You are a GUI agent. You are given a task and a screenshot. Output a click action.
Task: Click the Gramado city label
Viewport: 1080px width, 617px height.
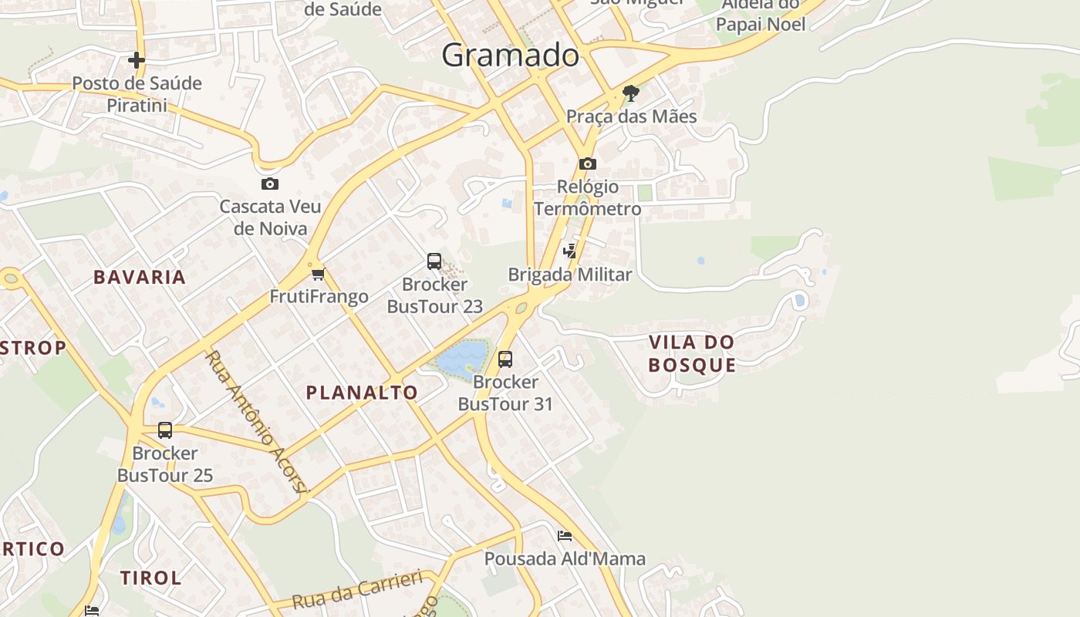click(x=510, y=56)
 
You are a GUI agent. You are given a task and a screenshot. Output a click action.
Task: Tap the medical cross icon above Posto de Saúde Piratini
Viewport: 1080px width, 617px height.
click(x=137, y=60)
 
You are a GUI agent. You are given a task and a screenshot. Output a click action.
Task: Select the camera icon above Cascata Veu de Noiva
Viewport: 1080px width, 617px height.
click(x=269, y=184)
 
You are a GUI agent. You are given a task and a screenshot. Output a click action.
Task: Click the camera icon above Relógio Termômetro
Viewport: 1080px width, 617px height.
click(x=588, y=164)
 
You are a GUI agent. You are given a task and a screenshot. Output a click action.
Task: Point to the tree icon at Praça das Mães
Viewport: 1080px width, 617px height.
click(x=631, y=94)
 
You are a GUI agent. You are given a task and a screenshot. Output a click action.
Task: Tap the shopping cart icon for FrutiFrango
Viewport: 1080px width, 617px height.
click(x=319, y=274)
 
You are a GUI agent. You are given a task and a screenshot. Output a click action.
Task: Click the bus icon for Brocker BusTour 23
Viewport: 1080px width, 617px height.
click(x=434, y=261)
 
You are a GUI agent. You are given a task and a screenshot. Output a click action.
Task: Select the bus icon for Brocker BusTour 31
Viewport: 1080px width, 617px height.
click(x=505, y=359)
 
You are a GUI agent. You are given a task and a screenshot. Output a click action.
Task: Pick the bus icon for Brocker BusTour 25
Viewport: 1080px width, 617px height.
click(x=165, y=430)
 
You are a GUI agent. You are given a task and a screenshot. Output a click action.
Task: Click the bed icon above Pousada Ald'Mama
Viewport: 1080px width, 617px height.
click(x=565, y=535)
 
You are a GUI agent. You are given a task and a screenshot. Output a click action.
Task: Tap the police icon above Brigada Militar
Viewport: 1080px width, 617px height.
click(x=569, y=251)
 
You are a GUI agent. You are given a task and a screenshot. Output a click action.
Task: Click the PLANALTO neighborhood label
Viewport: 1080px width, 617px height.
click(x=362, y=393)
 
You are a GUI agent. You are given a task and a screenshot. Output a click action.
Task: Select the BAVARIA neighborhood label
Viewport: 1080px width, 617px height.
click(x=140, y=278)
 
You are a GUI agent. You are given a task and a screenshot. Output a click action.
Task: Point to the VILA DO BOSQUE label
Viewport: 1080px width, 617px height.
click(x=692, y=353)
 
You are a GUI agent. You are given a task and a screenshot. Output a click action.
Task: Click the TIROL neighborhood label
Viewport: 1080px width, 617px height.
click(x=150, y=578)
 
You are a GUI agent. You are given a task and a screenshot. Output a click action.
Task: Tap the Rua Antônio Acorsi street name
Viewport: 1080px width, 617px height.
click(x=257, y=421)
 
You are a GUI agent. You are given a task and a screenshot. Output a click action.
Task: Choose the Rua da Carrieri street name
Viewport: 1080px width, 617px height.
click(x=358, y=590)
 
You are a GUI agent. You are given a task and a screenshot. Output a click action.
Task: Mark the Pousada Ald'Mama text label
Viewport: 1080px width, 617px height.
click(x=565, y=558)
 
